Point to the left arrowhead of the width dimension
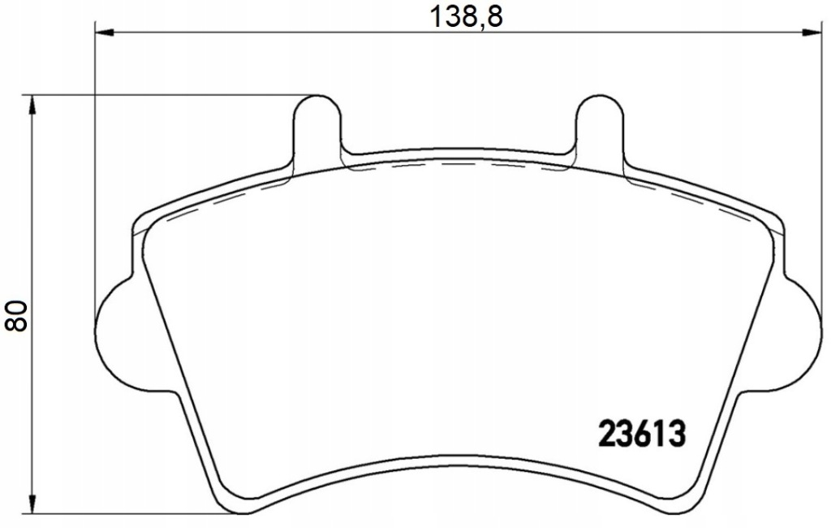pyautogui.click(x=105, y=33)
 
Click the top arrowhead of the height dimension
pyautogui.click(x=32, y=105)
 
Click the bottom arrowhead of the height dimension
pyautogui.click(x=32, y=504)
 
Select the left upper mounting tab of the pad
pyautogui.click(x=317, y=128)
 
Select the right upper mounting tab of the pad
pyautogui.click(x=600, y=128)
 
